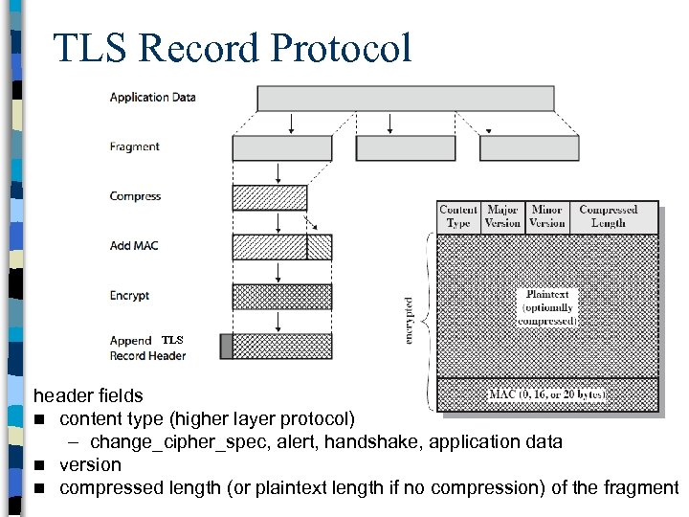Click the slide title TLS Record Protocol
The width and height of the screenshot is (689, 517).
coord(233,48)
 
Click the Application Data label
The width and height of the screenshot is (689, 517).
coord(152,98)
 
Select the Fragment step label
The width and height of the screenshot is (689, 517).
coord(134,146)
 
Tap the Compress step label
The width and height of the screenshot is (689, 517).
coord(135,196)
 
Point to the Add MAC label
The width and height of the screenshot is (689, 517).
coord(134,246)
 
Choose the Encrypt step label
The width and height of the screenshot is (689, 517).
coord(129,296)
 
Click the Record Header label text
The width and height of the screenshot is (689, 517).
coord(147,356)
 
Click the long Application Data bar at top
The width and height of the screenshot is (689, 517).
coord(405,99)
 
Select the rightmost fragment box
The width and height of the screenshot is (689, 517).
coord(529,147)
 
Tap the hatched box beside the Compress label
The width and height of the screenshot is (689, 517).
coord(270,197)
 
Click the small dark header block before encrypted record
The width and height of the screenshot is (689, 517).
coord(226,346)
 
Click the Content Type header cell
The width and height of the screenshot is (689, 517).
coord(458,216)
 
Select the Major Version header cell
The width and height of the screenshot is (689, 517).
coord(502,216)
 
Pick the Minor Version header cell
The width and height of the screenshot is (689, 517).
coord(546,216)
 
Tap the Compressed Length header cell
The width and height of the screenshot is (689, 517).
coord(608,216)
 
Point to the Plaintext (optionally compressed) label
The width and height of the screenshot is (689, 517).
coord(547,307)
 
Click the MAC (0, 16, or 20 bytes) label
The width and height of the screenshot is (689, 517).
coord(547,393)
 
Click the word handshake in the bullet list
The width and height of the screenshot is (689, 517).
coord(385,441)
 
